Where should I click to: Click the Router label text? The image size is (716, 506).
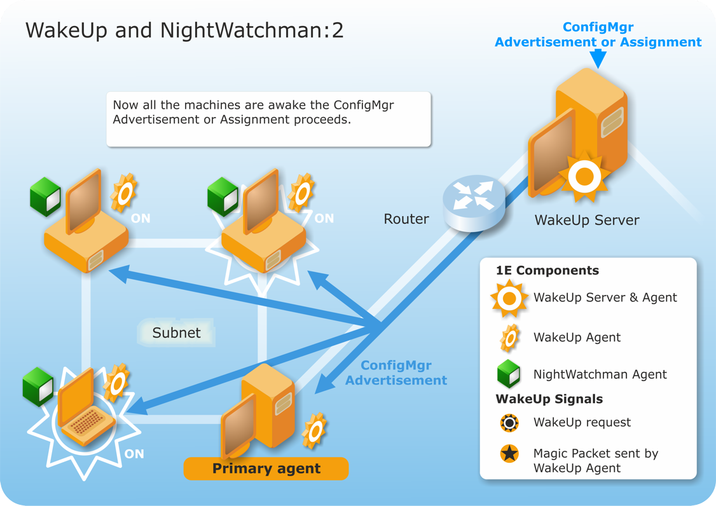[x=406, y=219]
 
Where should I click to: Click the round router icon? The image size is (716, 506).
[x=474, y=202]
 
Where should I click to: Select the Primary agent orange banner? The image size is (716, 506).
[x=266, y=468]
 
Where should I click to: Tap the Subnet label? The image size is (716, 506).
[x=176, y=332]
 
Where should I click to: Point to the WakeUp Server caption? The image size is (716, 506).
[x=587, y=220]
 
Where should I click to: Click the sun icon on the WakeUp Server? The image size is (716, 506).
[x=584, y=177]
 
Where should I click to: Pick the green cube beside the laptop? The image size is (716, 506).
[x=38, y=386]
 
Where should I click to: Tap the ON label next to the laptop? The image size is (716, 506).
[x=134, y=454]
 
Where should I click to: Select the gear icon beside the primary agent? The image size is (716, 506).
[x=315, y=430]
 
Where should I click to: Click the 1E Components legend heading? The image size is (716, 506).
[x=547, y=270]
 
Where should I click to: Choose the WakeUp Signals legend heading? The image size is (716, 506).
[x=549, y=399]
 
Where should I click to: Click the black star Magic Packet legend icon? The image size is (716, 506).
[x=509, y=453]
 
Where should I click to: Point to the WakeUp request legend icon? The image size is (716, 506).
[x=509, y=423]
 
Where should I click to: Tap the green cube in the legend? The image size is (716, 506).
[x=508, y=374]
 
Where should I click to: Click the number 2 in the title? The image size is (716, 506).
[x=338, y=31]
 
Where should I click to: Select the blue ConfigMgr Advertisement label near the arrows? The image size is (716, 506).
[x=396, y=373]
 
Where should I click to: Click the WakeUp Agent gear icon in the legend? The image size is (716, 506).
[x=509, y=338]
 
